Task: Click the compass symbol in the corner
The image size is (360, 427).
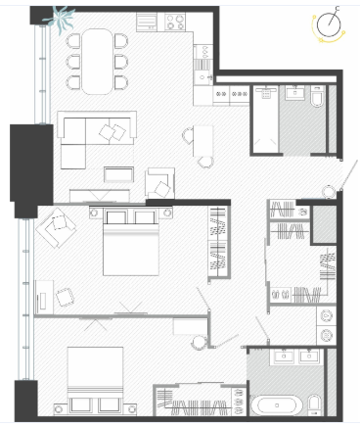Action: click(x=329, y=24)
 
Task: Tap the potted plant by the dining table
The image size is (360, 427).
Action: click(x=61, y=19)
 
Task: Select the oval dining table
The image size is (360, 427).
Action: click(x=97, y=62)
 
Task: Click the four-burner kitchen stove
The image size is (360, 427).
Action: click(x=175, y=23)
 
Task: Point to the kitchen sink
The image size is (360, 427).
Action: click(x=202, y=77)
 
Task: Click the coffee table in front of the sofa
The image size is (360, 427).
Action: click(x=118, y=174)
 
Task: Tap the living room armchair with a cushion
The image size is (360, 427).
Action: click(x=160, y=183)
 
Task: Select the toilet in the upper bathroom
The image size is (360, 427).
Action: click(x=317, y=96)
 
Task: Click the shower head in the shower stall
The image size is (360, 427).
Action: click(x=266, y=93)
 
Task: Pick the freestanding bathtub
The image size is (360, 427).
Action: click(x=277, y=405)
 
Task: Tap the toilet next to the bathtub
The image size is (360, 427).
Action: click(x=315, y=405)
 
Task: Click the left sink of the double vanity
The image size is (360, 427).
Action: click(x=284, y=356)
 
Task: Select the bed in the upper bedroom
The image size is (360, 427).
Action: click(x=131, y=242)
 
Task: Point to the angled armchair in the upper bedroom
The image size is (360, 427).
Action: click(x=56, y=227)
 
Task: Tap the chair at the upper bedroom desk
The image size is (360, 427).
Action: click(x=65, y=297)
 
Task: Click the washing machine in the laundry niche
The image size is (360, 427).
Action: click(x=326, y=335)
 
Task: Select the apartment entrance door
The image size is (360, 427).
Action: click(x=348, y=175)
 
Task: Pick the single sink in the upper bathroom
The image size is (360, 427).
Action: click(x=295, y=92)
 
